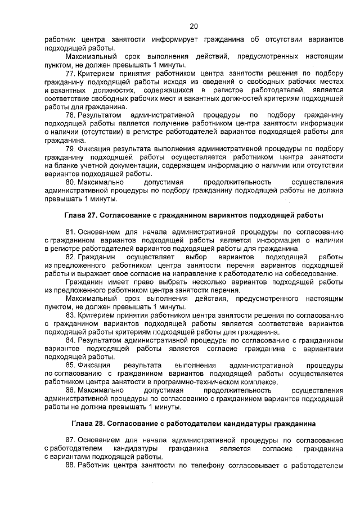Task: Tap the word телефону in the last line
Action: (204, 465)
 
